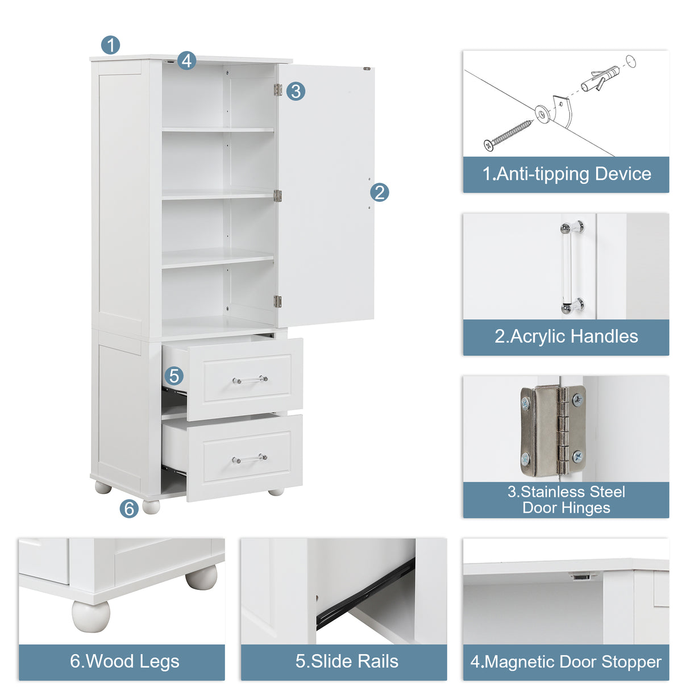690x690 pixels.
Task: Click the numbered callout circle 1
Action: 110,45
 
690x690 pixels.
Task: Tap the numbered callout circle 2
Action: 380,192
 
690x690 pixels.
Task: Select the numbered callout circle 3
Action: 296,91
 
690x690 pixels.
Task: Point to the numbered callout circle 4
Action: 186,60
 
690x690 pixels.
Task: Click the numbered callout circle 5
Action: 174,376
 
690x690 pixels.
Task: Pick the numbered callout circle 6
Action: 129,508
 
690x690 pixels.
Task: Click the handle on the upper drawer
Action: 250,379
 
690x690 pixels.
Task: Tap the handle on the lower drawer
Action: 250,458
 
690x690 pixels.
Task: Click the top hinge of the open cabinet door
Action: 277,90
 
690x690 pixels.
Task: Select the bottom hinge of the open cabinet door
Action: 277,301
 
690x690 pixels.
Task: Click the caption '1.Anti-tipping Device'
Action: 566,174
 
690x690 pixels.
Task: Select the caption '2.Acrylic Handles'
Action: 566,337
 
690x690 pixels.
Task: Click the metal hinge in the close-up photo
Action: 552,430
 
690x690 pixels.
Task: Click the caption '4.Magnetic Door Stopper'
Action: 566,662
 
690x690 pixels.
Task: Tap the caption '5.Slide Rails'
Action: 347,662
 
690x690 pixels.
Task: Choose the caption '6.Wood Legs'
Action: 124,662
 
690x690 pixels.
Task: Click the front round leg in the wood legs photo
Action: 91,616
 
